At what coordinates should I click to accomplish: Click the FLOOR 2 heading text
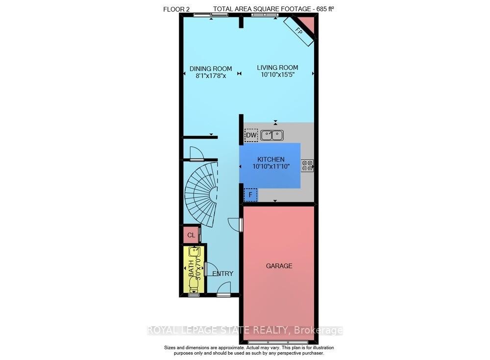176,9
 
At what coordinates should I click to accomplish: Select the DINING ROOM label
211,69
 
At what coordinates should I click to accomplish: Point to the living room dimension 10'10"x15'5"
277,75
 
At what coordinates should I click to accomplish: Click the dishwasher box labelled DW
251,135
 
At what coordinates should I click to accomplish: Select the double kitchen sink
272,135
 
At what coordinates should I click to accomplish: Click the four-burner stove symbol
307,166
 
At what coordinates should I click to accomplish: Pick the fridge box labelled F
250,195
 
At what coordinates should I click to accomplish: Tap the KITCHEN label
271,160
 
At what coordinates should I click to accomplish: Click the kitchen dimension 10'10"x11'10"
271,167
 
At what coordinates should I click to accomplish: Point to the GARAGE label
279,266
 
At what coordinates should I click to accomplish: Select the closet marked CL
191,235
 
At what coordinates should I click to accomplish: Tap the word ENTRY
223,274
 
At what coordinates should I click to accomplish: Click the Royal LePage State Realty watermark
245,331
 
